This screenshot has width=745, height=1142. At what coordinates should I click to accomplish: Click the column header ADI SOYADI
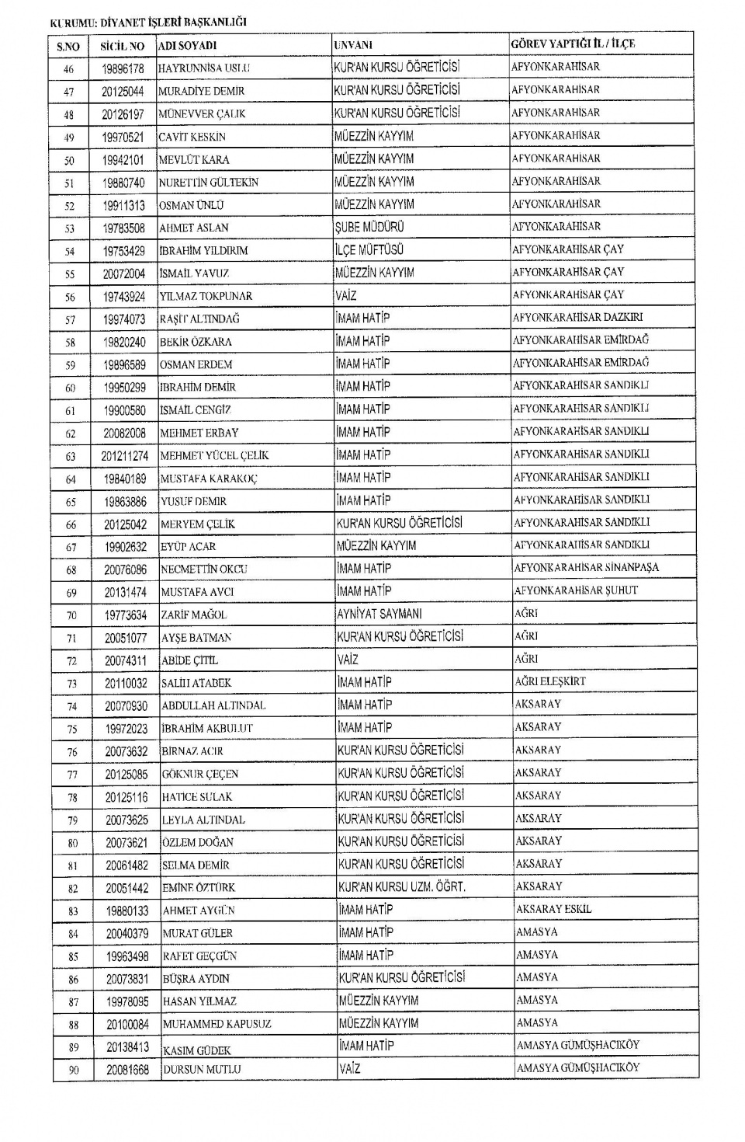tap(187, 46)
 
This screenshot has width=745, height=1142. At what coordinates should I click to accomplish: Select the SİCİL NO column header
tap(123, 46)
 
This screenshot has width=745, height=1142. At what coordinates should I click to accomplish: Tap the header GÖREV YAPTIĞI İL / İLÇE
tap(573, 44)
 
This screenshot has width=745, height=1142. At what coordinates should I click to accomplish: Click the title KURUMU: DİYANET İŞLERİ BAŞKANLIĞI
tap(147, 23)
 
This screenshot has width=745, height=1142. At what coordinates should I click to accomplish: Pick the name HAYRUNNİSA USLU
tap(204, 68)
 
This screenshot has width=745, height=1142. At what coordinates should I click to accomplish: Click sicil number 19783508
tap(124, 228)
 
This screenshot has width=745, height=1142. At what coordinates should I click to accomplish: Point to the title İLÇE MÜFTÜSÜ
tap(369, 250)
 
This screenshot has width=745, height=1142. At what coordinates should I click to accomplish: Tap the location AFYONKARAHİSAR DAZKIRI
tap(577, 317)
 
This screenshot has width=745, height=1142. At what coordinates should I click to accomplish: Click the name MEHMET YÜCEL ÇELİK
tap(214, 455)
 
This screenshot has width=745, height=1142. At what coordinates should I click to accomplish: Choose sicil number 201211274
tap(125, 456)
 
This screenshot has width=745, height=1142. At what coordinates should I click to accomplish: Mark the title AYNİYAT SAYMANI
tap(379, 614)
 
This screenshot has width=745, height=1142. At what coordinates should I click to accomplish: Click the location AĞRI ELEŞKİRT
tap(550, 681)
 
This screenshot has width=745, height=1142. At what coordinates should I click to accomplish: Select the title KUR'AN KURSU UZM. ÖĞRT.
tap(401, 886)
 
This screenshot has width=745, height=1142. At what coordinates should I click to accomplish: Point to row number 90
tap(73, 1070)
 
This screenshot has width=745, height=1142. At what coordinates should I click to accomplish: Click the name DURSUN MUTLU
tap(202, 1070)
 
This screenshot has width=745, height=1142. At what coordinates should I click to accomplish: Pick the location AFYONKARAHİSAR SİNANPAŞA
tap(586, 568)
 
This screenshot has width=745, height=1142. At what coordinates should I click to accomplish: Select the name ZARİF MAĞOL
tap(194, 615)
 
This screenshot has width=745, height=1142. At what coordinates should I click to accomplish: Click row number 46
tap(68, 69)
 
